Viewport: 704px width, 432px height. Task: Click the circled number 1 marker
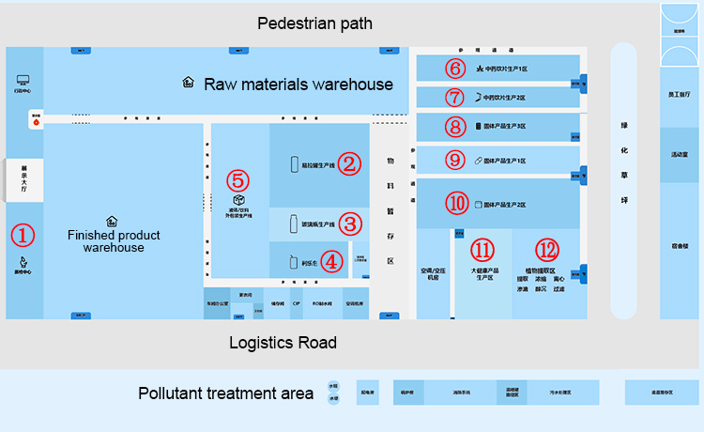click(x=23, y=235)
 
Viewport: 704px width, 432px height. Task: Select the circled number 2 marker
click(x=349, y=164)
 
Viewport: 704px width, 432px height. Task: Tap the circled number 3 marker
click(x=350, y=224)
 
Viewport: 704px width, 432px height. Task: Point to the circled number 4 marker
click(x=331, y=261)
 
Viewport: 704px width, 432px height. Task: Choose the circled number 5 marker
click(x=238, y=178)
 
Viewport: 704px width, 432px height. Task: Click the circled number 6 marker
click(x=455, y=68)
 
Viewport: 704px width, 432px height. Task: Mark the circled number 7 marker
click(x=455, y=97)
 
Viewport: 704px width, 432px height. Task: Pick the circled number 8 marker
click(x=455, y=126)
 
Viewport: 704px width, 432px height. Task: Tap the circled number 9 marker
click(x=455, y=161)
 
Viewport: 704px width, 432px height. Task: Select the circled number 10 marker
click(x=456, y=203)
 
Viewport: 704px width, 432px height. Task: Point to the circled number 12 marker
click(x=547, y=250)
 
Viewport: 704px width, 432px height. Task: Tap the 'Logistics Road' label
click(x=283, y=343)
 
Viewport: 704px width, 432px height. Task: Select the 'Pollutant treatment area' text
click(x=225, y=393)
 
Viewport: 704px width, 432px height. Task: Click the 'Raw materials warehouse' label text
click(x=298, y=84)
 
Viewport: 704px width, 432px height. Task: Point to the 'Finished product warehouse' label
click(x=114, y=241)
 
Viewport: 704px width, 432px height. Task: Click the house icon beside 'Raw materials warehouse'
click(x=188, y=83)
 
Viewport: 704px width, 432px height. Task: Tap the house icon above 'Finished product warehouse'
click(x=112, y=221)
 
